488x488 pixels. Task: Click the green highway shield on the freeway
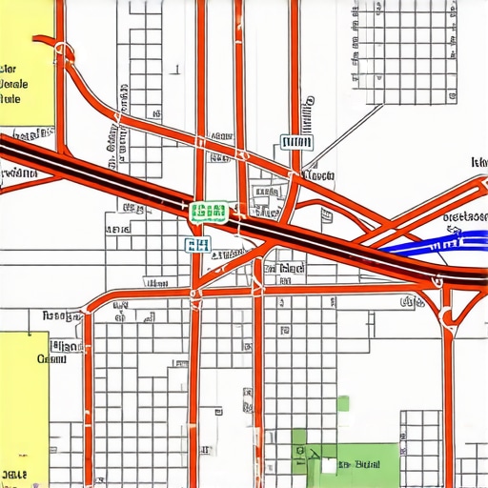209,212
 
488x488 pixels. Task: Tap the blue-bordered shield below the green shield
197,245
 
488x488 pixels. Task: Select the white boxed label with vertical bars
297,143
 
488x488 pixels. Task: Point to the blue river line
429,238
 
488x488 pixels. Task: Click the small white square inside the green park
329,466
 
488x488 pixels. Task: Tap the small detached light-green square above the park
343,403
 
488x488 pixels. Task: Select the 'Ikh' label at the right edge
478,163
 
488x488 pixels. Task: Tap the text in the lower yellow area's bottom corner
15,473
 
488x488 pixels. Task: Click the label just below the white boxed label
317,176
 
